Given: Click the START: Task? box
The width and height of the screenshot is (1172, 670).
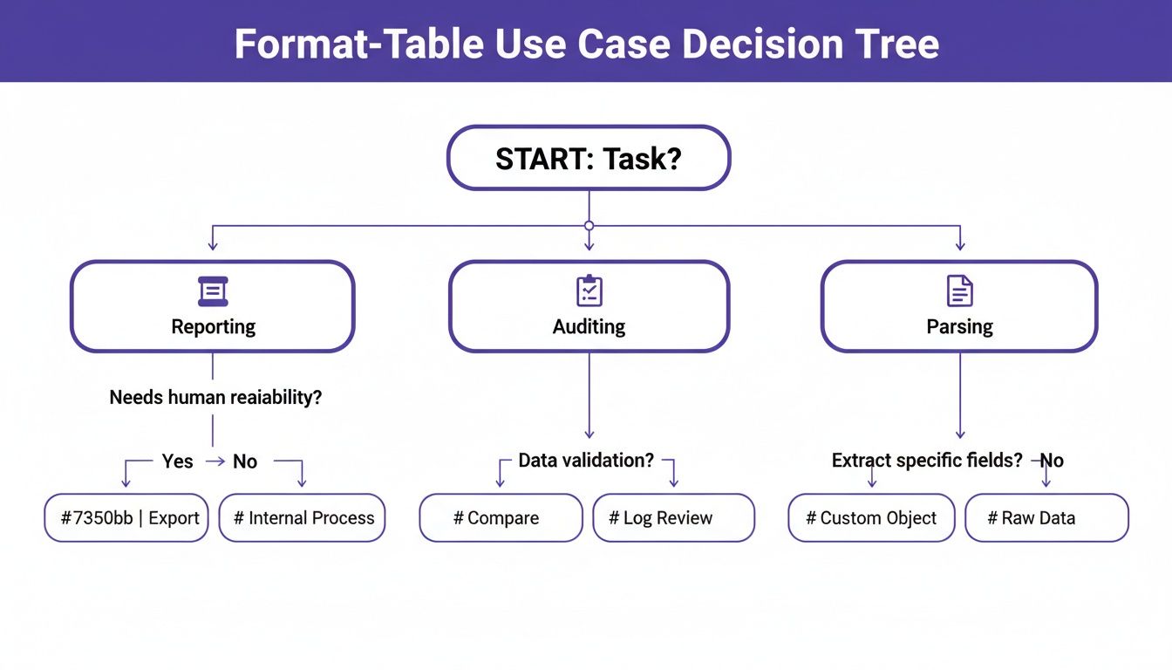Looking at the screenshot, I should [589, 158].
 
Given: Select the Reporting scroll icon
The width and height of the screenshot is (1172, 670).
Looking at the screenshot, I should [213, 291].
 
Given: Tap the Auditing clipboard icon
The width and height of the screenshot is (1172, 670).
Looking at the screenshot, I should [589, 291].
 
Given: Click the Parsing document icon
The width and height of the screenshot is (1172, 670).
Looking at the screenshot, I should [959, 291].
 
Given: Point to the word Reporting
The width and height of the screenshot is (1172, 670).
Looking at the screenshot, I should [213, 327].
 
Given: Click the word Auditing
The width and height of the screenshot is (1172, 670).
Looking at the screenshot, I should [589, 327].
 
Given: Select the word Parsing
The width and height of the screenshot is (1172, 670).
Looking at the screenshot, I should [959, 327].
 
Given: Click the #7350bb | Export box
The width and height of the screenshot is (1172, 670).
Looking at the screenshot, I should [127, 518].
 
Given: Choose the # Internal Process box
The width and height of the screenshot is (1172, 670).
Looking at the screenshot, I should [302, 518].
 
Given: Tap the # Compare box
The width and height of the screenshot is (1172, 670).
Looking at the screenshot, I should [501, 518].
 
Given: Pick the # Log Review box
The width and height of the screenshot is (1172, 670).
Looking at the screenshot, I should [673, 518].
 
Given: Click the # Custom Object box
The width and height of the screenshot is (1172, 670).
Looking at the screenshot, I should [871, 518].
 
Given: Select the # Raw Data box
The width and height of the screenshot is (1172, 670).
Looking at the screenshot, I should [1046, 518].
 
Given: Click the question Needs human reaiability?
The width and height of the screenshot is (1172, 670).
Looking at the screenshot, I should [215, 398].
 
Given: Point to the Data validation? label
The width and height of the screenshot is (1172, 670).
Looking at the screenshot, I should [586, 461].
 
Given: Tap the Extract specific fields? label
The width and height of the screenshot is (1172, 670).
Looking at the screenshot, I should [927, 461].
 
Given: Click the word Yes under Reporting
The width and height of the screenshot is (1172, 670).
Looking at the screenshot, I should [177, 461].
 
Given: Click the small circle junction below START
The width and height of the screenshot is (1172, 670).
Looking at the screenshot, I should [589, 226].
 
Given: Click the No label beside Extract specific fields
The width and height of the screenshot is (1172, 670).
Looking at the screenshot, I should [1052, 461].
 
